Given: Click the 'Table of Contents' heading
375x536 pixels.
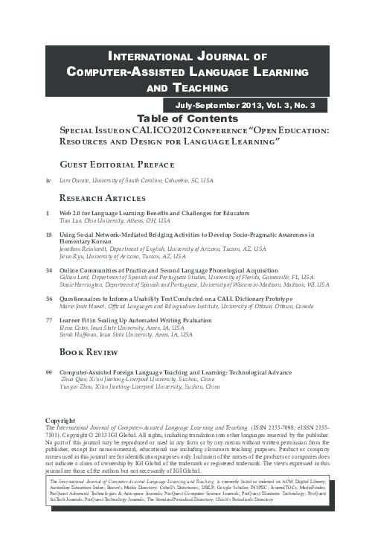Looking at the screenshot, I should (187, 118).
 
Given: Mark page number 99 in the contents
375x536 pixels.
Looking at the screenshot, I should (49, 371).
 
